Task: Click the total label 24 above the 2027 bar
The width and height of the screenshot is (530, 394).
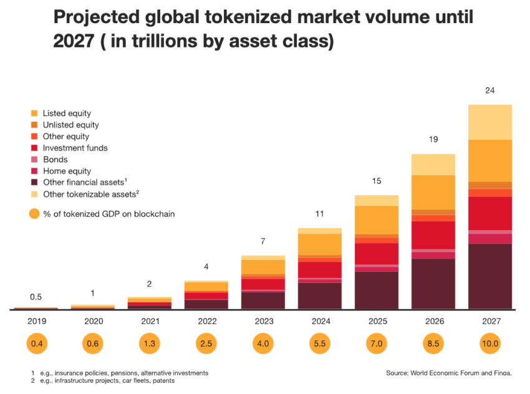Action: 489,90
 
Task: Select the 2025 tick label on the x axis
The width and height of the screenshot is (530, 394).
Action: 376,322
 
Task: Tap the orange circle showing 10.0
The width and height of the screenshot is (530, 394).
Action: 489,344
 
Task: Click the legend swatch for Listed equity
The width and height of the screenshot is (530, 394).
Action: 34,113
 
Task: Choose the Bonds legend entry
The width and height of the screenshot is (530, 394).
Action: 55,160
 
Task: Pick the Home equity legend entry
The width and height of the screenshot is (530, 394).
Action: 67,171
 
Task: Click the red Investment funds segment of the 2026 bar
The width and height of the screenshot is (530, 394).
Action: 433,234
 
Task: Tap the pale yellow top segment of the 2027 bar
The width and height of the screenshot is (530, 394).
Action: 489,122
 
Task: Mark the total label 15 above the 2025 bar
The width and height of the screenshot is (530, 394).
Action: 376,181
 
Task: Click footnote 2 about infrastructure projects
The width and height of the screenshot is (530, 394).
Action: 106,380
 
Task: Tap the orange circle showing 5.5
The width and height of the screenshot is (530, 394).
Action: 319,344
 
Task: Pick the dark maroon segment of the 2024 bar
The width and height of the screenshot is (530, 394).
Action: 319,296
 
